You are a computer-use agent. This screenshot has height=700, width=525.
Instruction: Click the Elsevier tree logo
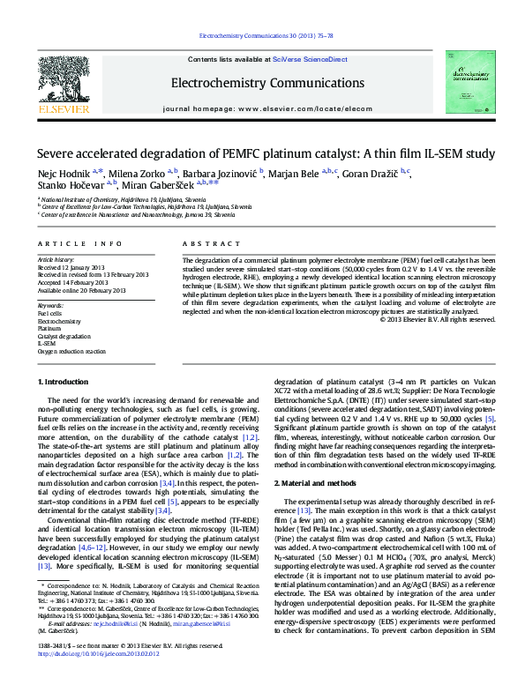click(x=64, y=83)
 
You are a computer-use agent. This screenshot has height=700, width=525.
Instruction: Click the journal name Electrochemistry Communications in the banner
click(x=262, y=84)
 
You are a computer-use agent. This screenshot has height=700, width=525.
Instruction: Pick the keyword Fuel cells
click(x=49, y=312)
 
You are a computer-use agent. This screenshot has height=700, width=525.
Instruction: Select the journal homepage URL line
click(x=262, y=108)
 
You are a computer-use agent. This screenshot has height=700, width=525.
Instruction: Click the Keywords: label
click(x=50, y=304)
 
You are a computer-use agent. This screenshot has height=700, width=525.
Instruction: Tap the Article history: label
click(x=56, y=261)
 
